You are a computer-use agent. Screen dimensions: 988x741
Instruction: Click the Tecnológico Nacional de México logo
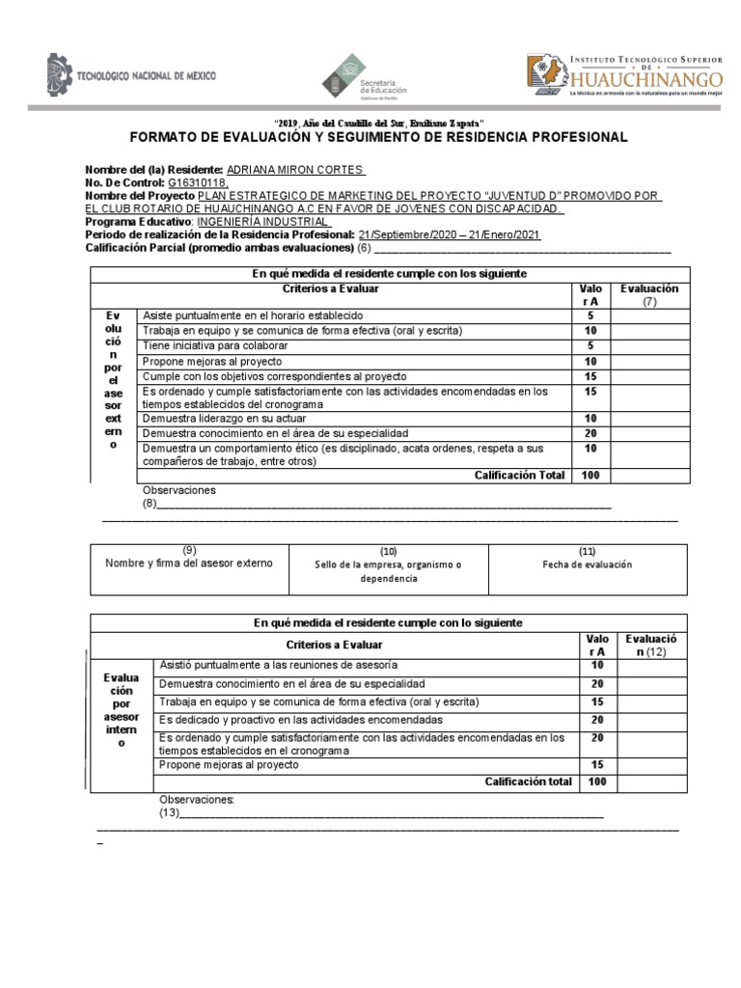coord(131,76)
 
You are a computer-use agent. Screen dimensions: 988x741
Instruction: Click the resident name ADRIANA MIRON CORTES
coord(294,169)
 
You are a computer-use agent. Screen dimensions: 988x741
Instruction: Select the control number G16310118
coord(198,181)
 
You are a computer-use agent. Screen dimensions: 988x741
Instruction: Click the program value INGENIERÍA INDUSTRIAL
coord(250,221)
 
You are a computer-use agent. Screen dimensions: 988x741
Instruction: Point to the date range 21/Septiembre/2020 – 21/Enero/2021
coord(449,234)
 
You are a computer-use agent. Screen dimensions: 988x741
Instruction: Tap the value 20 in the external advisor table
coord(590,434)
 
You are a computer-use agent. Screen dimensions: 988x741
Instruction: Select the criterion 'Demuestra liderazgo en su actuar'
coord(226,419)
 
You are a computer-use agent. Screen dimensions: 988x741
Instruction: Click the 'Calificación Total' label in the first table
coord(522,475)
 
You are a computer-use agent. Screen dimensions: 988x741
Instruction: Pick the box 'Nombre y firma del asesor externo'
coord(189,563)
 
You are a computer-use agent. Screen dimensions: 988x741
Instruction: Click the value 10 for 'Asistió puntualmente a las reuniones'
coord(596,666)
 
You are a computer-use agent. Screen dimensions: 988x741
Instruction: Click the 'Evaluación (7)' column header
coord(649,295)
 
